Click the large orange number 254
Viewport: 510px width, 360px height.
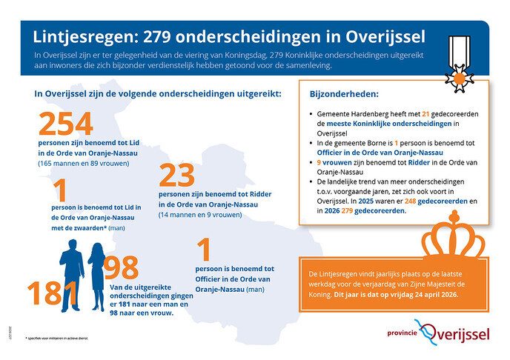66,123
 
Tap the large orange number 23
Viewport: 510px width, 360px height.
177,175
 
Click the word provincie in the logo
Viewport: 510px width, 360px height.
405,333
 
